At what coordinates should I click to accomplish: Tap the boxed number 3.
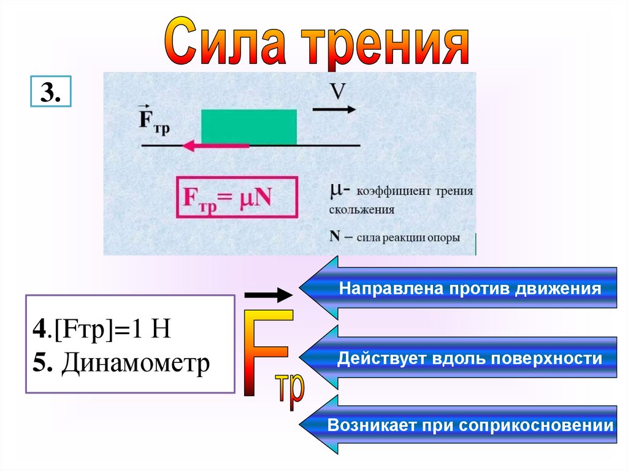point(50,93)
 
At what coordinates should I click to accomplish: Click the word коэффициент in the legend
point(392,192)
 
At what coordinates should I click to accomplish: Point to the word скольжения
point(361,209)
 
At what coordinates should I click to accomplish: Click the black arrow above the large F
point(269,295)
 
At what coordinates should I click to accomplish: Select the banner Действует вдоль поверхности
point(470,359)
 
